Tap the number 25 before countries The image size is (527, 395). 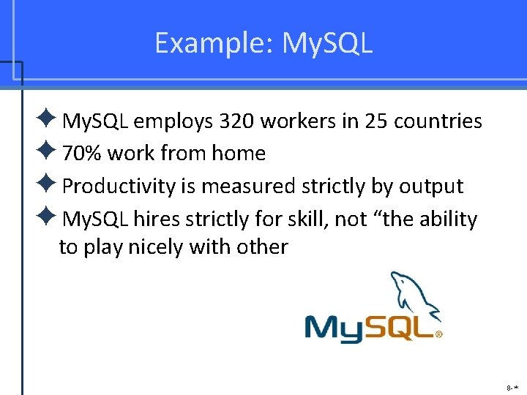tap(373, 121)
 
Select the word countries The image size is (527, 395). tap(438, 121)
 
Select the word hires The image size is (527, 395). tap(157, 219)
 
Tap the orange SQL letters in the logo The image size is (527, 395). tap(400, 328)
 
